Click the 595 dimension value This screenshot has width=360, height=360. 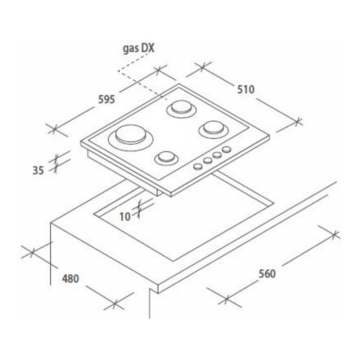pos(107,100)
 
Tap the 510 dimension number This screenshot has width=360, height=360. pos(246,89)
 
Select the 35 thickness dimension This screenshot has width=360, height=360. pos(38,170)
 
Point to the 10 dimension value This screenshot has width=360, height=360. pos(125,216)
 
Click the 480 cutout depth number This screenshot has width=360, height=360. pos(71,279)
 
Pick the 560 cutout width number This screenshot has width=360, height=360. pos(267,274)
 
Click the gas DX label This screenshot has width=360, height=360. pos(139,49)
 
